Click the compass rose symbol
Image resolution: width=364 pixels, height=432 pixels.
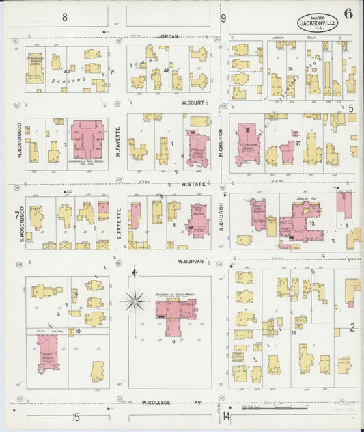(135, 299)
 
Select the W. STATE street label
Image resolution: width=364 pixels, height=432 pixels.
(193, 184)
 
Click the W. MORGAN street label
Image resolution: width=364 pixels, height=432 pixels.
(191, 261)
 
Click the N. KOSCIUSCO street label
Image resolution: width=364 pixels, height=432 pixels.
(20, 136)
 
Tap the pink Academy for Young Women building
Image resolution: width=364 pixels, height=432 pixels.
(176, 311)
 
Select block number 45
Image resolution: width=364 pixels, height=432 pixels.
(67, 71)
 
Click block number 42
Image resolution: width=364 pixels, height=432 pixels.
(166, 70)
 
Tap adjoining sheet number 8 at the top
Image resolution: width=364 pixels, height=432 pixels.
(65, 16)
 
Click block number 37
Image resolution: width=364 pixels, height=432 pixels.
(298, 143)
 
